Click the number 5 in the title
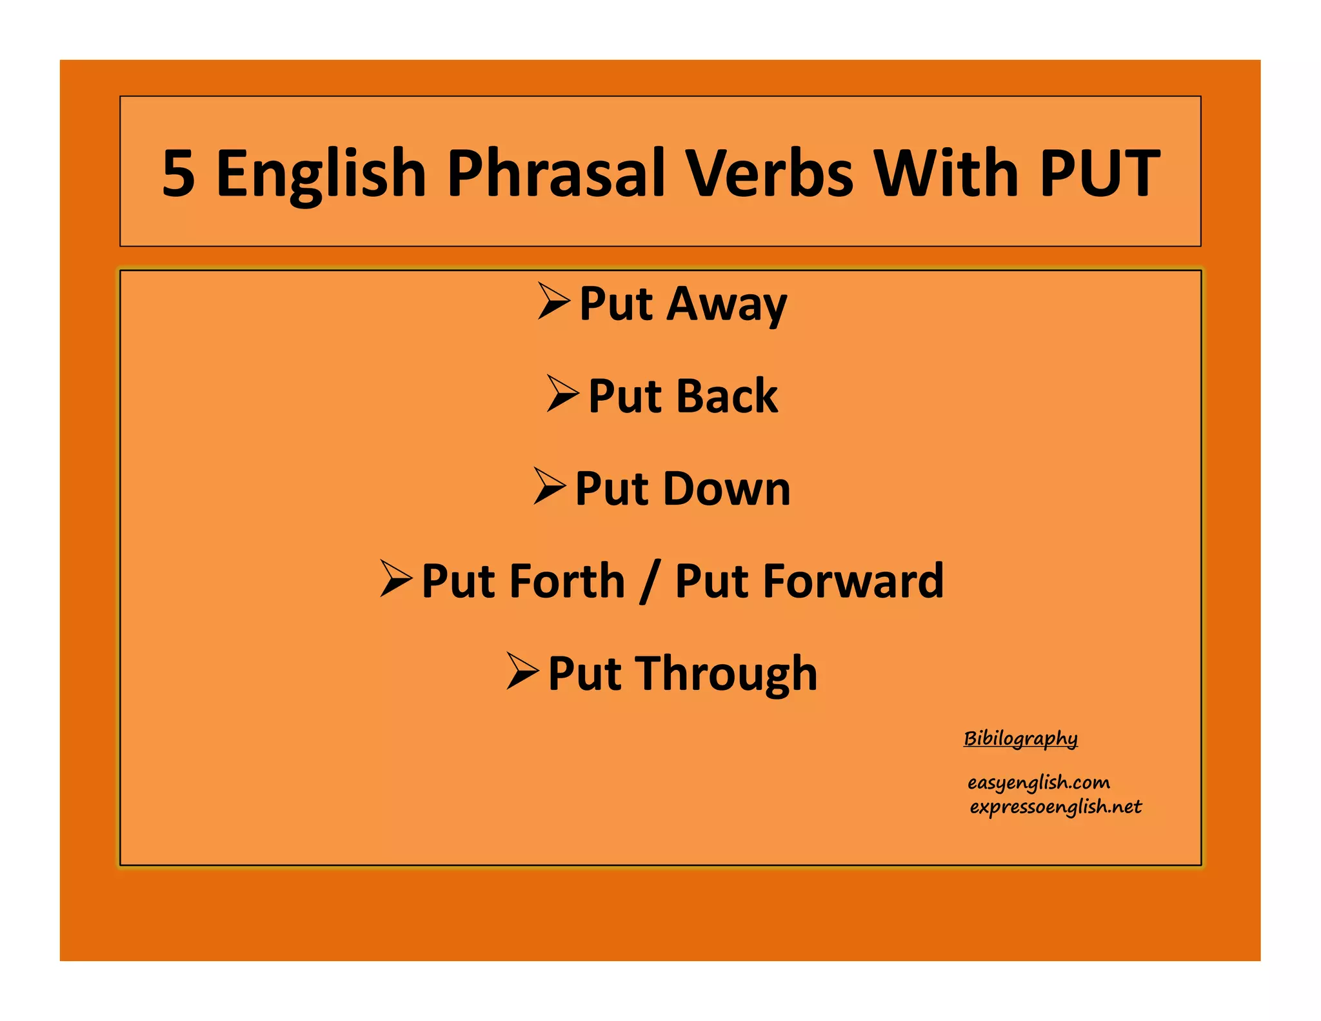click(178, 173)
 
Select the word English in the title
click(321, 173)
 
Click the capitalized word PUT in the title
click(1099, 173)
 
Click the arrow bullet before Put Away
click(553, 301)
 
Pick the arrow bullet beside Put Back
click(562, 393)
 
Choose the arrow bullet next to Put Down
click(550, 486)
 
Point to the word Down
click(727, 489)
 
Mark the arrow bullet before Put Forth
click(396, 578)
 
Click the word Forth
click(568, 581)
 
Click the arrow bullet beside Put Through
click(522, 671)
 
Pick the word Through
click(727, 673)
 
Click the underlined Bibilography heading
click(1020, 738)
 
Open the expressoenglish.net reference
click(1055, 807)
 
